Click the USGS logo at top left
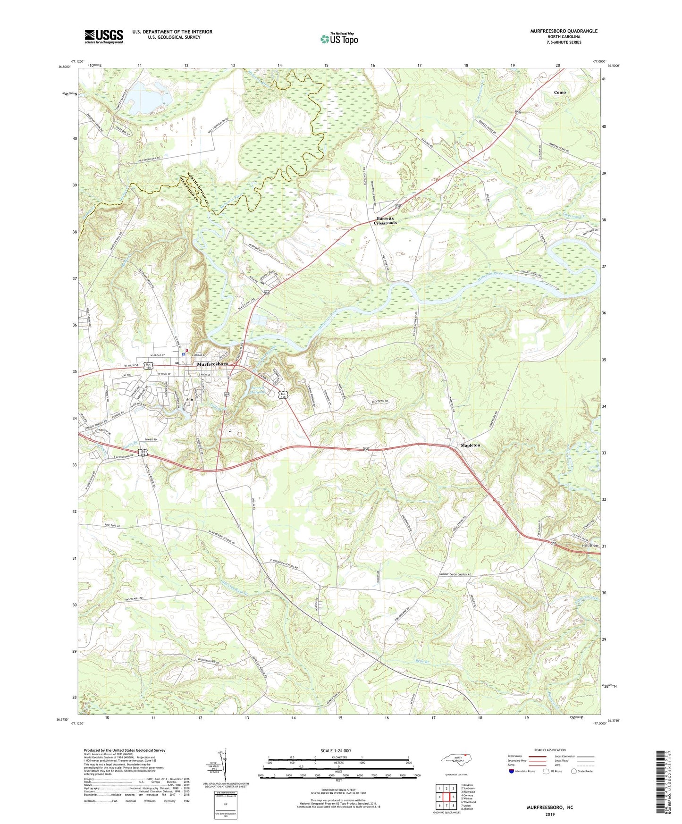point(104,36)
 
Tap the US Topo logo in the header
point(339,39)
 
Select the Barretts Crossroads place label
point(386,220)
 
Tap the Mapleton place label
point(470,445)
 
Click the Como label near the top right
point(560,92)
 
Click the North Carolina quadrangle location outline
point(455,760)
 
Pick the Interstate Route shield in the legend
point(512,771)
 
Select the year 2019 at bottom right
point(550,814)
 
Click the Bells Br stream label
point(424,660)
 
